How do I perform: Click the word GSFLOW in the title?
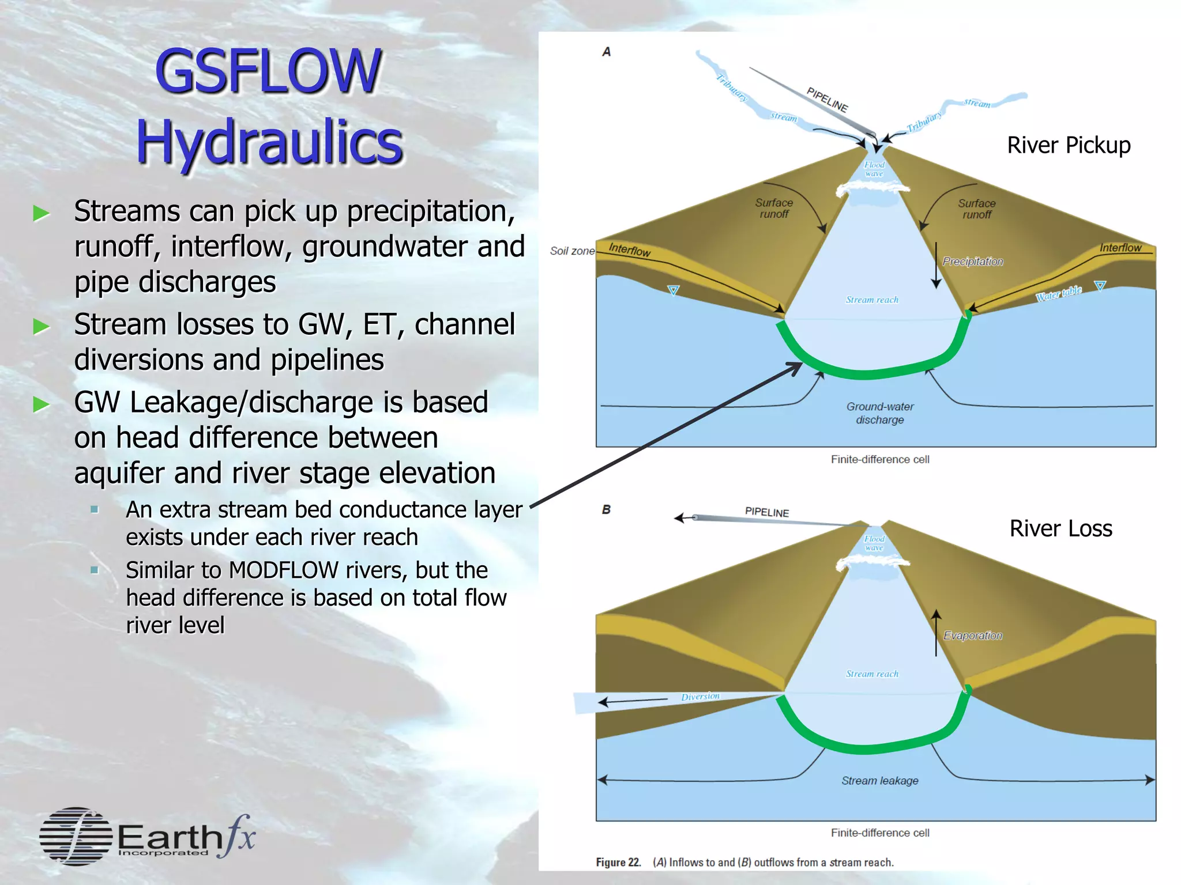point(268,71)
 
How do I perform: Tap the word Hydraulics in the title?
point(269,142)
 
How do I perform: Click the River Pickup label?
point(1069,145)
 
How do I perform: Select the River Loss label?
point(1060,528)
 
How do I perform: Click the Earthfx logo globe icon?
point(76,836)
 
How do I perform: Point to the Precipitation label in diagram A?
point(972,262)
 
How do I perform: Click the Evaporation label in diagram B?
point(972,636)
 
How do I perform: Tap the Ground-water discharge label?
point(879,413)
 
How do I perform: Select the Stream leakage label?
point(879,781)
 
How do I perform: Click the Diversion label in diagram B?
point(700,697)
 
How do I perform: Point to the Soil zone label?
point(571,251)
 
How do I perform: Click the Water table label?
point(1058,293)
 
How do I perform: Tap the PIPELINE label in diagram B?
point(766,512)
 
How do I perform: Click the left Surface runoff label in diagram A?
point(774,209)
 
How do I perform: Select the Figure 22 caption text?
point(744,863)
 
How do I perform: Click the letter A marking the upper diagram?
point(606,52)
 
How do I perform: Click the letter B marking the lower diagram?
point(606,510)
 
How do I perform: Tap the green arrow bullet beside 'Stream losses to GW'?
point(42,327)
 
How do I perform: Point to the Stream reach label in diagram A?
point(872,300)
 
